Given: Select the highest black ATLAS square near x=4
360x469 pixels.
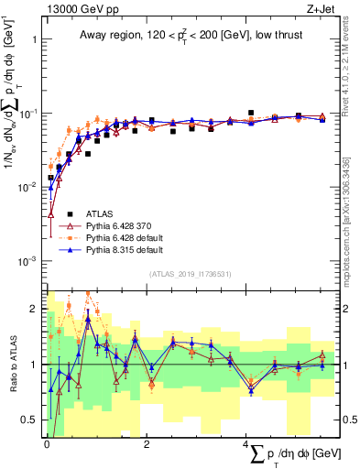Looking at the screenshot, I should pos(251,113).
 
